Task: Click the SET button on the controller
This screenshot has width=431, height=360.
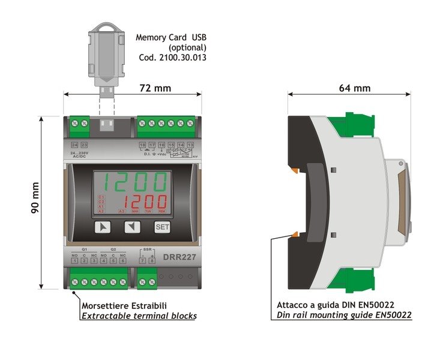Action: coord(162,227)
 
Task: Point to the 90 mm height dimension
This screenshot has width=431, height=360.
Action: coord(36,202)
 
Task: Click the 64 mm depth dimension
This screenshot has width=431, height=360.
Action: coord(354,88)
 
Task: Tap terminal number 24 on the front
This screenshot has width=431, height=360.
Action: coord(74,146)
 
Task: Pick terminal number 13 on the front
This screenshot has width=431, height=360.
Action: coord(190,146)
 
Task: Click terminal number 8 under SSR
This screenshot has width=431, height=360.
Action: coord(152,260)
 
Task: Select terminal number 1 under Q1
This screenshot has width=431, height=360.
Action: coord(74,260)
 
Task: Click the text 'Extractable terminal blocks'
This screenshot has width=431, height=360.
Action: coord(139,316)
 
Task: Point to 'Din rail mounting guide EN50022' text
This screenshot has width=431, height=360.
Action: coord(344,315)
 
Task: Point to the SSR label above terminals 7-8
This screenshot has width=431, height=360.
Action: coord(147,249)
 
